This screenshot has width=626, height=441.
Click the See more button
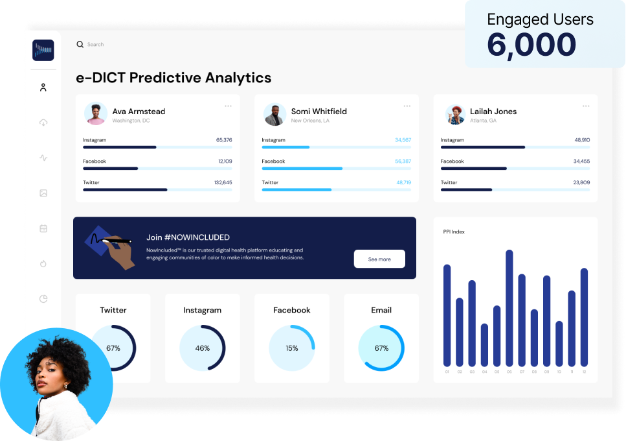click(379, 259)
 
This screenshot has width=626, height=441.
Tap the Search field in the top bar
click(95, 45)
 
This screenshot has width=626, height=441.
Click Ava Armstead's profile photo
click(96, 114)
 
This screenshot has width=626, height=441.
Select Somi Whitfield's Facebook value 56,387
click(402, 161)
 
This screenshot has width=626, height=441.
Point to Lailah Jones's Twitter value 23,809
click(581, 182)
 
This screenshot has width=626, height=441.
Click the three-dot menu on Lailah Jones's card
click(585, 106)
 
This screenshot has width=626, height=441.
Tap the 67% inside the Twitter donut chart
click(113, 348)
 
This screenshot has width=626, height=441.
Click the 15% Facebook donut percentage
click(292, 348)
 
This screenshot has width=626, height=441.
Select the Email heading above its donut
click(381, 310)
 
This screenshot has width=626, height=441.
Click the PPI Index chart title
click(454, 232)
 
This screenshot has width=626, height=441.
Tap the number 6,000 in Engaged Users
click(531, 45)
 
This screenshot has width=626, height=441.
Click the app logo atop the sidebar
click(43, 50)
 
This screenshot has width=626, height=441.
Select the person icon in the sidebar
click(43, 87)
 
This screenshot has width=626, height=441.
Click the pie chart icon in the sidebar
click(43, 299)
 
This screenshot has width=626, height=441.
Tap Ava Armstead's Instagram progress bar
click(120, 147)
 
